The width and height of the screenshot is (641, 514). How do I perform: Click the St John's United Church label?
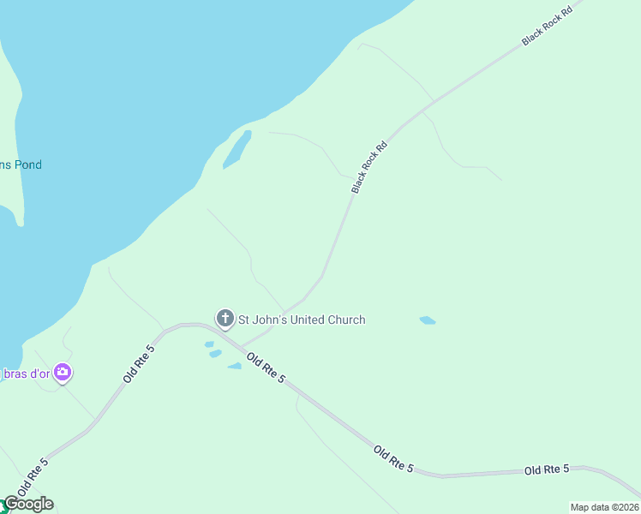tap(301, 320)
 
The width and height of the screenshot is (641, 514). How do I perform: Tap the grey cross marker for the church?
tap(225, 320)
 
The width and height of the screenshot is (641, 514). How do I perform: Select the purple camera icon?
tap(62, 373)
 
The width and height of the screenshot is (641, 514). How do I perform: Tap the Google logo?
tap(29, 504)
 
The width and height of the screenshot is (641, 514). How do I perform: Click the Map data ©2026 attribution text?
tap(604, 507)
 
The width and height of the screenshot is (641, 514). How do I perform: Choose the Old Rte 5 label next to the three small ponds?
tap(265, 368)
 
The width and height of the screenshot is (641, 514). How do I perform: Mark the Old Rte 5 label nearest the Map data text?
tap(547, 469)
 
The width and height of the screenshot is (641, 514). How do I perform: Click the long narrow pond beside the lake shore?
tap(237, 150)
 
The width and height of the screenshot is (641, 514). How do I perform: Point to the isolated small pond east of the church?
tap(428, 320)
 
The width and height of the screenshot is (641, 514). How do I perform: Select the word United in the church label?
tap(311, 320)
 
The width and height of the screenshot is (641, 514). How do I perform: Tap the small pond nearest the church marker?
tap(209, 344)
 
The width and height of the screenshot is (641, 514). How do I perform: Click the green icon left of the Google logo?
tap(2, 502)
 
